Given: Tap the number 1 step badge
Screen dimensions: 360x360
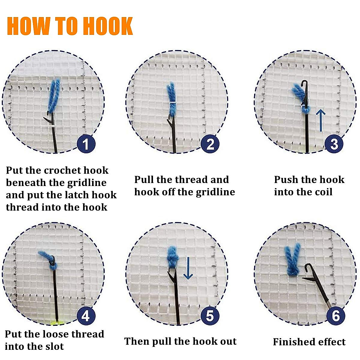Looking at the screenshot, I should [x=86, y=144].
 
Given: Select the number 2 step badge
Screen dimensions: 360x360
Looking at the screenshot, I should [x=210, y=144].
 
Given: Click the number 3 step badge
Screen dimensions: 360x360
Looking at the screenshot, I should [x=334, y=144].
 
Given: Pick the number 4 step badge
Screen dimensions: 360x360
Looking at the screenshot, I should [x=86, y=316].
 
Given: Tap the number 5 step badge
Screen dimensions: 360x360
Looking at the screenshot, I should [x=210, y=316].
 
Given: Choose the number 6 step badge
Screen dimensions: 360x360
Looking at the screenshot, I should [x=336, y=316].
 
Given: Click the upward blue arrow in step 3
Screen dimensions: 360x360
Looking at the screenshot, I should [x=321, y=120].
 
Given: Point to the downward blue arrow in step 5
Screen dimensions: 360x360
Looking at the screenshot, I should [x=188, y=268].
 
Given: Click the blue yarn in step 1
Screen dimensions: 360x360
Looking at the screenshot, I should [x=54, y=96].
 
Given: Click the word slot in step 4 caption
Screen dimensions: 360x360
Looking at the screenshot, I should [x=54, y=346].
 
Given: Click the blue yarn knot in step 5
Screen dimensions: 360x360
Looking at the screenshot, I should [x=172, y=256].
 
